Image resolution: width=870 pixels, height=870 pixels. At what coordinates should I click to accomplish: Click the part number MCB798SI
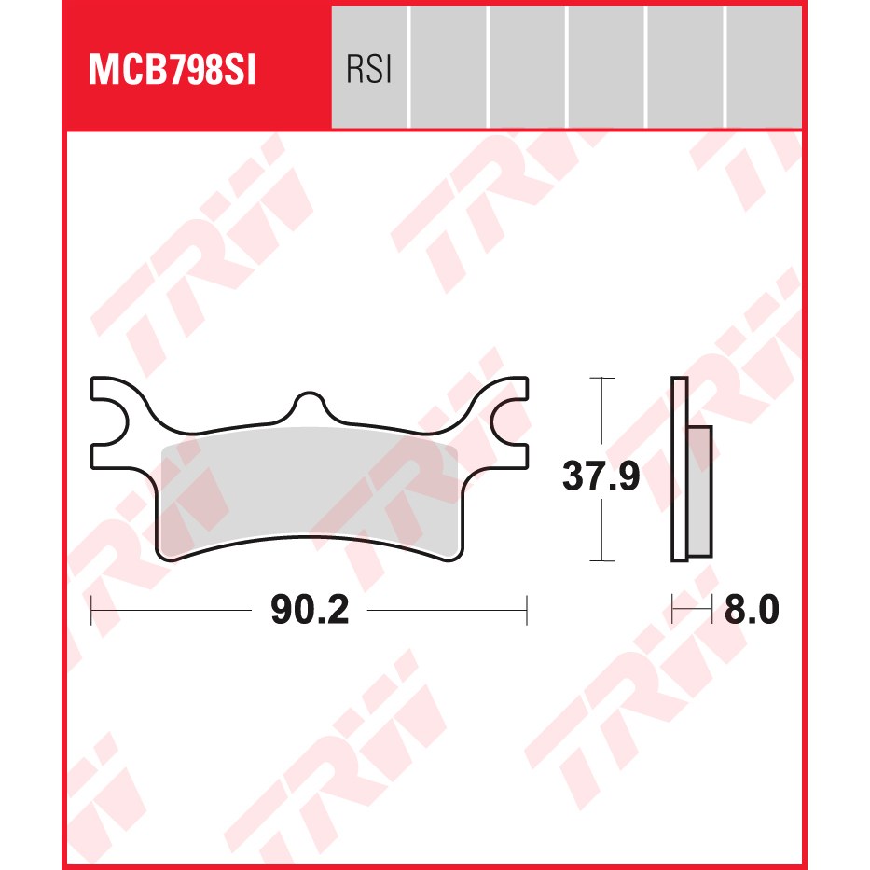(172, 70)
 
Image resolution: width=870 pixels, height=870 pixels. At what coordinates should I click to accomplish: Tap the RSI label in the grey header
(369, 69)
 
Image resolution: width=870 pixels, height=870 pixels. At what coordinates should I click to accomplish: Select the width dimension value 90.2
(310, 609)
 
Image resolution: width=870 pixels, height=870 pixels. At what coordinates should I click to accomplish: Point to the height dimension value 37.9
(601, 476)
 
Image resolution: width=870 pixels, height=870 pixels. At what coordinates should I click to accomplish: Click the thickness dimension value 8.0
(752, 609)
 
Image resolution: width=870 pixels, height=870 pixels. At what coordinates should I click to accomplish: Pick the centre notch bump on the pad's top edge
(309, 402)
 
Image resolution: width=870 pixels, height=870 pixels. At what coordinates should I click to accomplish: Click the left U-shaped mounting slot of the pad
(110, 421)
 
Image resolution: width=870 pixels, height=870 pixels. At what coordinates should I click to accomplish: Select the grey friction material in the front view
(309, 489)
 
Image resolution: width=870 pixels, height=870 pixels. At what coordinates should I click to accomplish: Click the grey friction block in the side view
(699, 491)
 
